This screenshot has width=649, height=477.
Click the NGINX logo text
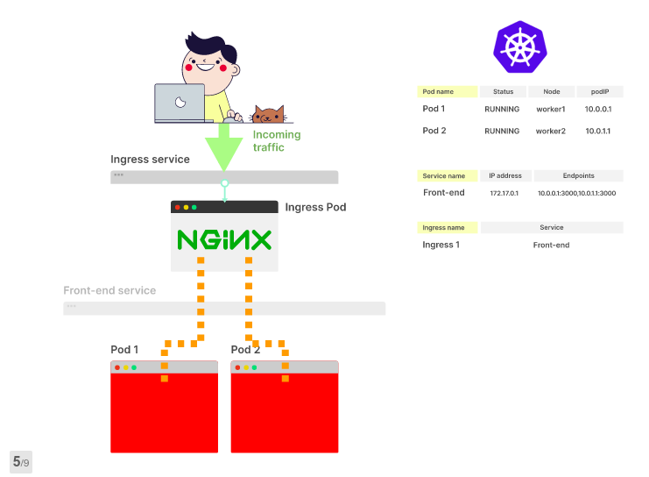pos(224,240)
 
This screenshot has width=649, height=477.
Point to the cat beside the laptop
pos(268,115)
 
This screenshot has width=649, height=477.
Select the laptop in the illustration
pos(180,103)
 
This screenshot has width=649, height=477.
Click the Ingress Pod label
pos(315,208)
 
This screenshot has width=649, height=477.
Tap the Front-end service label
pos(109,290)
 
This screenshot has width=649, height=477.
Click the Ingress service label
pos(150,160)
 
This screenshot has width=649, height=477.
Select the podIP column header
pos(600,91)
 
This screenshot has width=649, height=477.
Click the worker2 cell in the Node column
pos(551,131)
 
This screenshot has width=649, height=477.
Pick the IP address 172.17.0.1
pos(504,193)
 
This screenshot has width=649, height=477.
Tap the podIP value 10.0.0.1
pos(598,110)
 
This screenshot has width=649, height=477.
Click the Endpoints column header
pos(578,175)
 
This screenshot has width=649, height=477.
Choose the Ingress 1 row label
pos(441,245)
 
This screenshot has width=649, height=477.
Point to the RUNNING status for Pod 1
pos(502,110)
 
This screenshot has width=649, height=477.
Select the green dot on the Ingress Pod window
pos(194,208)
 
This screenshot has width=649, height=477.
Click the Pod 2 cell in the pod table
pos(434,131)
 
